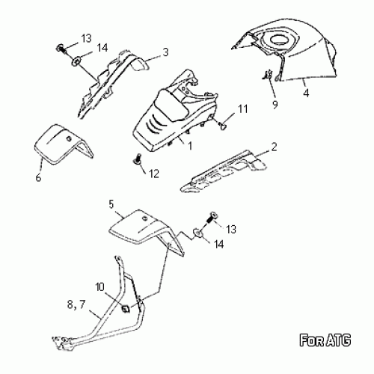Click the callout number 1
[190, 146]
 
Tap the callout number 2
[274, 147]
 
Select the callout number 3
[166, 52]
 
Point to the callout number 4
[306, 93]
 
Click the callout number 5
[111, 204]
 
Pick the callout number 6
[38, 178]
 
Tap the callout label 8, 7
[76, 304]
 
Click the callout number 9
[275, 104]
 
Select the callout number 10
[99, 287]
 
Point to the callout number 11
[242, 109]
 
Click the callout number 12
[154, 174]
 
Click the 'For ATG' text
[325, 340]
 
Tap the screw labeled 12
[137, 159]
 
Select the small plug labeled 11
[223, 126]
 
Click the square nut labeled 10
[125, 309]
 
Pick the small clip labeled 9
[268, 75]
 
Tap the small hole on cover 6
[69, 138]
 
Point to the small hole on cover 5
[144, 218]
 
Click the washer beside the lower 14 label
[198, 233]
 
